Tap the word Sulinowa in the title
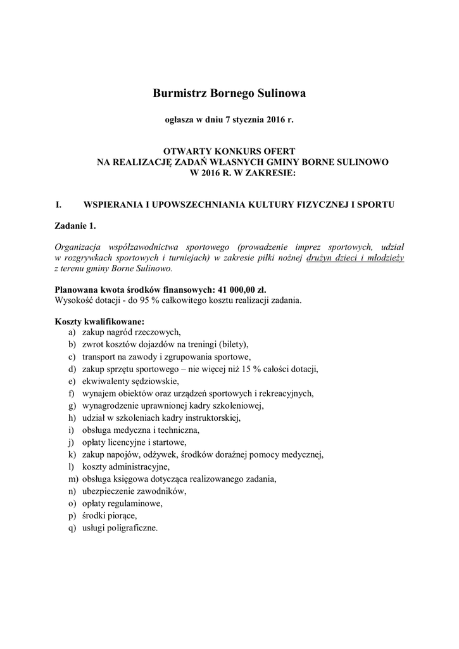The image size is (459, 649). pyautogui.click(x=282, y=94)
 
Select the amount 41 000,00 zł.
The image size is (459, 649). pyautogui.click(x=241, y=289)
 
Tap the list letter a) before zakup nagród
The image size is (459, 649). pyautogui.click(x=72, y=332)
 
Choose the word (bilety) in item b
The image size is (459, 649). pyautogui.click(x=233, y=344)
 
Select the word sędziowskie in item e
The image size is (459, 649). pyautogui.click(x=156, y=381)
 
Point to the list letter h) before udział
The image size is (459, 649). pyautogui.click(x=72, y=418)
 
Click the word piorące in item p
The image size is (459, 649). pyautogui.click(x=122, y=515)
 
